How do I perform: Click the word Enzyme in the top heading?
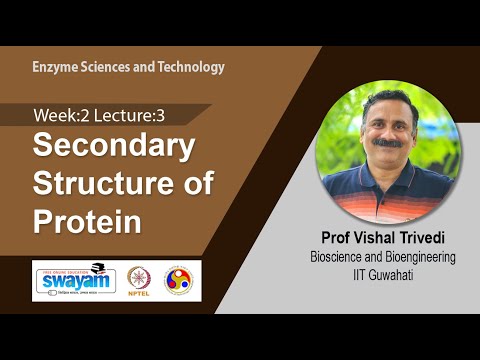(x=55, y=67)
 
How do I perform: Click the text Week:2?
(x=59, y=114)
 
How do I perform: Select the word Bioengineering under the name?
(x=414, y=257)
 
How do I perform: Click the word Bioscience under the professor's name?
(x=340, y=257)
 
